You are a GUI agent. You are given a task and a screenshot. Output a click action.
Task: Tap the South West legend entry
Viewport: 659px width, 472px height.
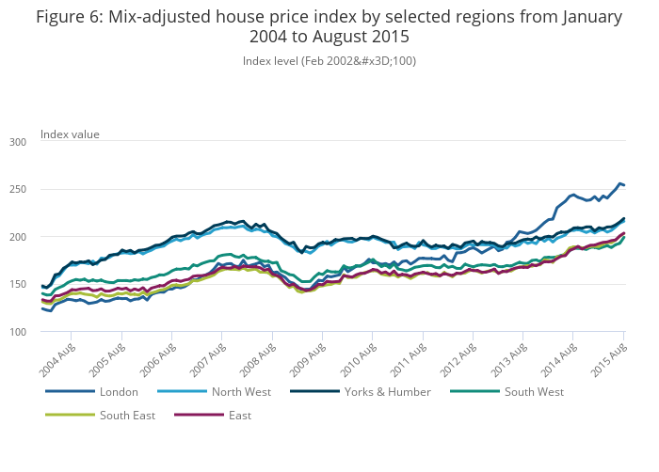tap(534, 391)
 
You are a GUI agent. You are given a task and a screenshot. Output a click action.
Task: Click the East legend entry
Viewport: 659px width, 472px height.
tap(239, 415)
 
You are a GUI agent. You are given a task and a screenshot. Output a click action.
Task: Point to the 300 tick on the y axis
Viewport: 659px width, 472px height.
tap(18, 142)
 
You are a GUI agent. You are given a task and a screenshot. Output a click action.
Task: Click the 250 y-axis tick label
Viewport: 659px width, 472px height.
tap(18, 190)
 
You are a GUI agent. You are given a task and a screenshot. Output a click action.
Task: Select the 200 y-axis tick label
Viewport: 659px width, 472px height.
tap(18, 237)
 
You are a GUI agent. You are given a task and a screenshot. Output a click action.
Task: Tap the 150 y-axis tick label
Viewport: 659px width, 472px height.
tap(18, 285)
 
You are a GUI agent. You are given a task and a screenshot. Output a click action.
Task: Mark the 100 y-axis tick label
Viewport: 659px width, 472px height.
tap(18, 332)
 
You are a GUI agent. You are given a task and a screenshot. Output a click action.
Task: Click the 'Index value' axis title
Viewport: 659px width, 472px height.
tap(70, 134)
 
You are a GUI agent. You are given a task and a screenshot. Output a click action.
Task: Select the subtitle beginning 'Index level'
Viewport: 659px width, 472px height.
tap(329, 61)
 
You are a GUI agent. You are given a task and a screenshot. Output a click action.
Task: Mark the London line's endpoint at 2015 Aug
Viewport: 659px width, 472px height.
tap(624, 185)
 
